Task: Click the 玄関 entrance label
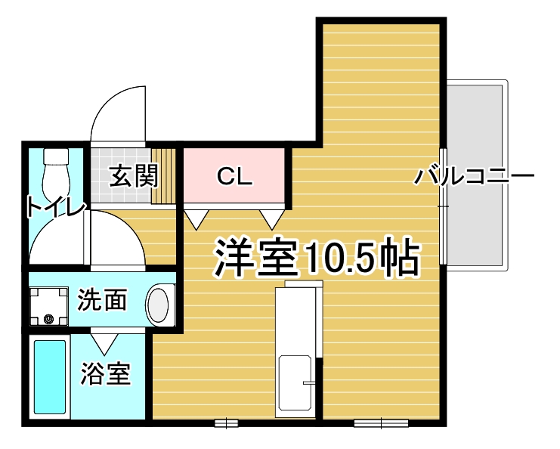pyautogui.click(x=134, y=175)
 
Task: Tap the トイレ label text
pyautogui.click(x=56, y=206)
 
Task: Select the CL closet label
pyautogui.click(x=234, y=176)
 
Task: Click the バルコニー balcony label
pyautogui.click(x=474, y=175)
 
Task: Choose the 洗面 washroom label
pyautogui.click(x=102, y=299)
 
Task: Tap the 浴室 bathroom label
pyautogui.click(x=106, y=373)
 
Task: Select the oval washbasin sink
pyautogui.click(x=158, y=305)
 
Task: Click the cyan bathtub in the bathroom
pyautogui.click(x=50, y=377)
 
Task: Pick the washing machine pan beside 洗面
pyautogui.click(x=48, y=306)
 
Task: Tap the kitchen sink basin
pyautogui.click(x=295, y=382)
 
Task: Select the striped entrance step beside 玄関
pyautogui.click(x=163, y=175)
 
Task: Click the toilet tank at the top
pyautogui.click(x=56, y=156)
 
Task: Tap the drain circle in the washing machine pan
pyautogui.click(x=48, y=318)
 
